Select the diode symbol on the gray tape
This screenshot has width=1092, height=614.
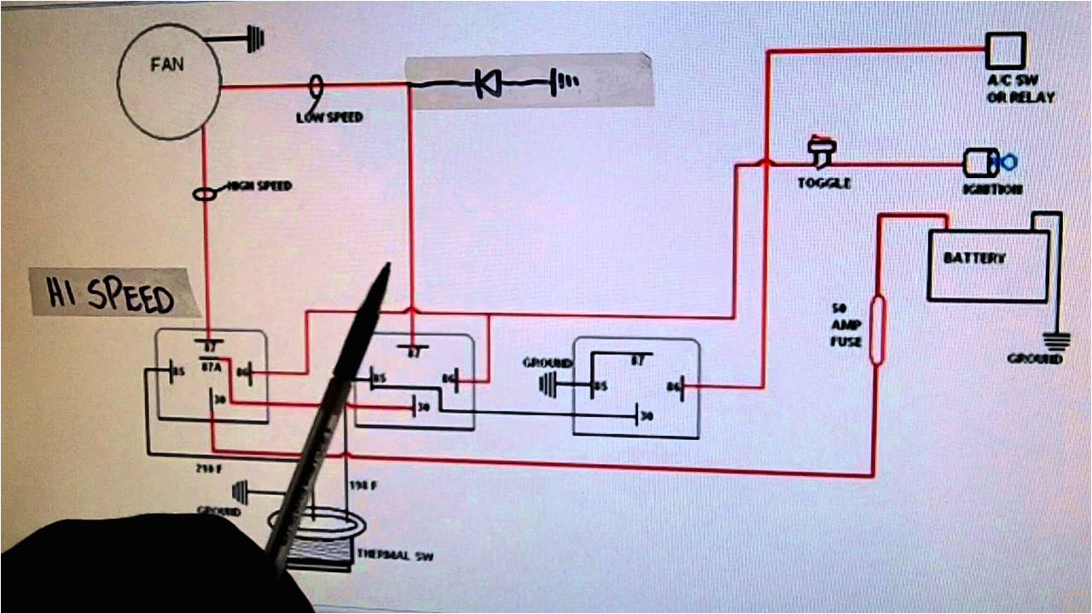tap(488, 83)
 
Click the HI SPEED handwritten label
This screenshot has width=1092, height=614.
tap(102, 293)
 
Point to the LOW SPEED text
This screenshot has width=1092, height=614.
tap(329, 117)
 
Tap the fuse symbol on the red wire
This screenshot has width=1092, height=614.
tap(876, 331)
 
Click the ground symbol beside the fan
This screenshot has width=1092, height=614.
tap(256, 38)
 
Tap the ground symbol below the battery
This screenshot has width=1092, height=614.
tap(1059, 341)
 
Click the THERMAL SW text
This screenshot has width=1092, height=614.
tap(395, 556)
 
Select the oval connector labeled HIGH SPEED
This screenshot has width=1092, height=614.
tap(205, 194)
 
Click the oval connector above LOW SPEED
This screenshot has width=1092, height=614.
tap(317, 85)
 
